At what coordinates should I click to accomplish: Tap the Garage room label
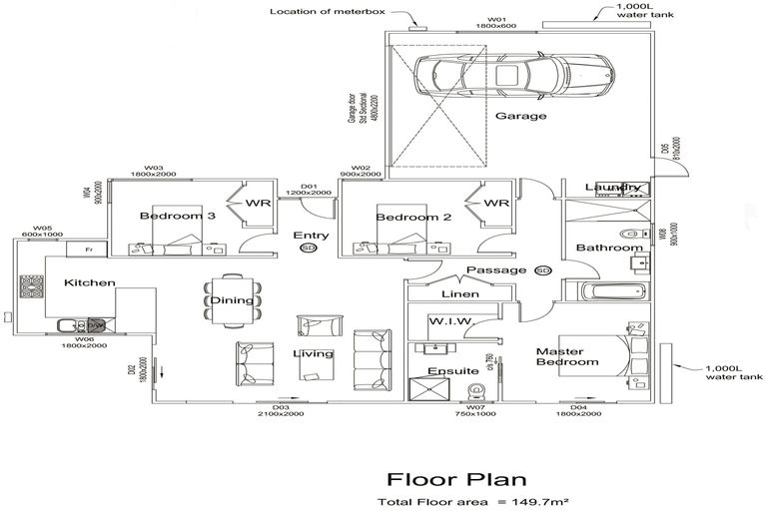520,117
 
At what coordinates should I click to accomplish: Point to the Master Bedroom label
567,356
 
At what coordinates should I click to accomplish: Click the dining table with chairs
232,299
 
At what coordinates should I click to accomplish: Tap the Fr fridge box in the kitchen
88,249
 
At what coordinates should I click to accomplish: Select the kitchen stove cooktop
32,288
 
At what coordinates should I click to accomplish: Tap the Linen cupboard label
459,294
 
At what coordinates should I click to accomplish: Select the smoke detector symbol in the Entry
308,249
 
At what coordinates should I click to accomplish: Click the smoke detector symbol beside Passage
543,270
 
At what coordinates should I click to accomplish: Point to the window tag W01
497,19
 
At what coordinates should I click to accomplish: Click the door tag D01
309,186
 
